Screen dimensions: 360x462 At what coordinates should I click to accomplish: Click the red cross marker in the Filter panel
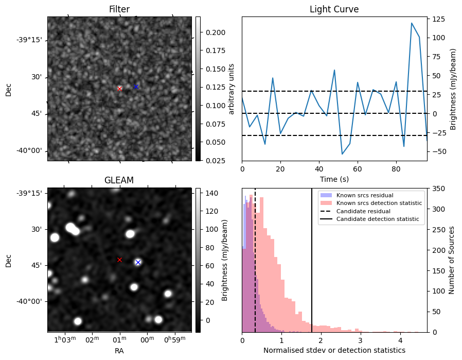119,89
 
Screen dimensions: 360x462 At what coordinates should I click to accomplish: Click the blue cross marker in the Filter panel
136,87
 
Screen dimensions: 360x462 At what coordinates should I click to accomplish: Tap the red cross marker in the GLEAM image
119,260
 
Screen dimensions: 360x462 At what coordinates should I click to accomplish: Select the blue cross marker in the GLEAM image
138,262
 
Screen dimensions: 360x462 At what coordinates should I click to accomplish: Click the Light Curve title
334,9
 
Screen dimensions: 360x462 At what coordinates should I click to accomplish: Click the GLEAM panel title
119,180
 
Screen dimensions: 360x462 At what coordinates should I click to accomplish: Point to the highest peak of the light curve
412,23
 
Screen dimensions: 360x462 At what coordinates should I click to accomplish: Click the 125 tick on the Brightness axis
438,20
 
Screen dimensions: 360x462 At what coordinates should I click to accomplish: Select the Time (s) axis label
334,179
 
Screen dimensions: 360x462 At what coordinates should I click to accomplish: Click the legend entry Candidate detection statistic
377,219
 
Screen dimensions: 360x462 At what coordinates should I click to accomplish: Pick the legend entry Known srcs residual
364,195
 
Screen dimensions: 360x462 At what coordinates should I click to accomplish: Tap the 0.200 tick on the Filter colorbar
212,32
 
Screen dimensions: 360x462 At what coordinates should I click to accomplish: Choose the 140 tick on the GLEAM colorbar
211,193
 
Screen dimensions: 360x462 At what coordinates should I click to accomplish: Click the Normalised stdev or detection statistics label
334,350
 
